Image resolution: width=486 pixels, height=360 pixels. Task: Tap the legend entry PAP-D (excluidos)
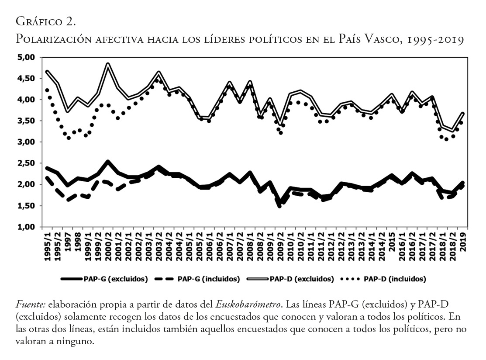pyautogui.click(x=302, y=279)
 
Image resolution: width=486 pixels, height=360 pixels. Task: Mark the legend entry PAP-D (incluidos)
pyautogui.click(x=394, y=279)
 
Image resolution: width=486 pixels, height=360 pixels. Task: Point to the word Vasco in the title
pyautogui.click(x=382, y=39)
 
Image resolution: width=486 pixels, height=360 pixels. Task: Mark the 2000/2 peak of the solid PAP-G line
pyautogui.click(x=108, y=162)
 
